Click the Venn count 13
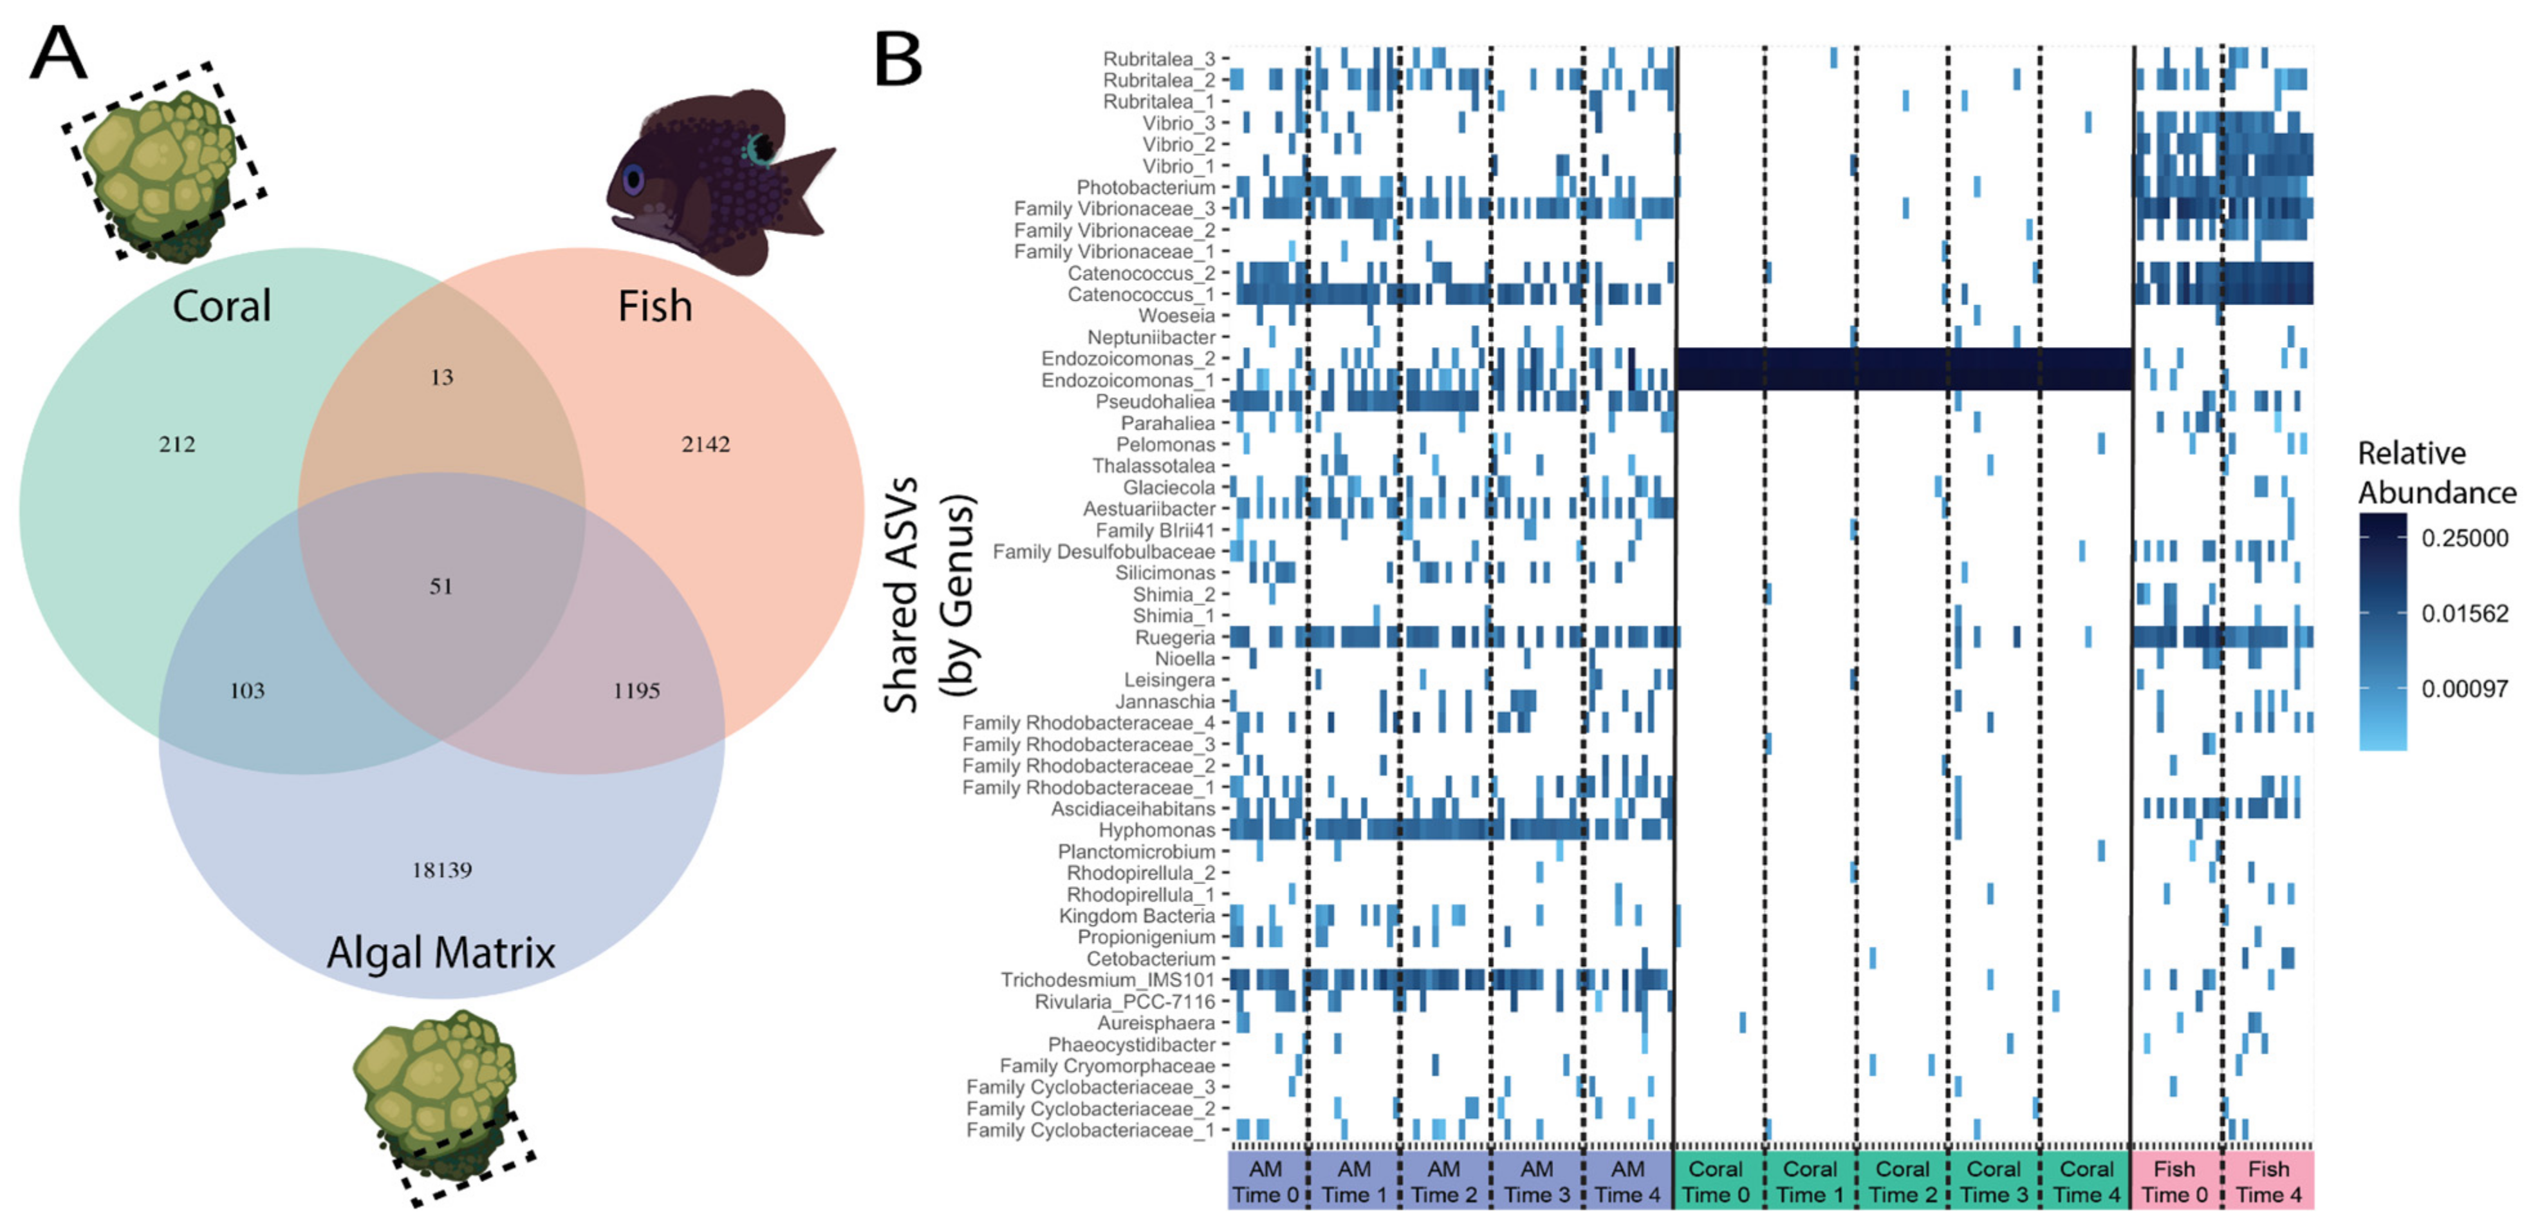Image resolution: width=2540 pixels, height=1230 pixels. click(x=441, y=377)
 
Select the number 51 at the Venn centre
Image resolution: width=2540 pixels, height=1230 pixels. click(x=441, y=586)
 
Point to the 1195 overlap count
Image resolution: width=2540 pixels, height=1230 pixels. click(x=636, y=690)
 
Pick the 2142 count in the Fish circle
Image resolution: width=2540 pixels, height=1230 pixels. click(x=706, y=444)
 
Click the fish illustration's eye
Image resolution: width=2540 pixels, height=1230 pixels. click(x=633, y=180)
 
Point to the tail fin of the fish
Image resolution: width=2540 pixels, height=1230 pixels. click(x=804, y=187)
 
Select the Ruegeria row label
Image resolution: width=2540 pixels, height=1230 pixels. click(x=1174, y=637)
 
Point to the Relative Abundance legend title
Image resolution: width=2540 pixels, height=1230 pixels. click(x=2436, y=473)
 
